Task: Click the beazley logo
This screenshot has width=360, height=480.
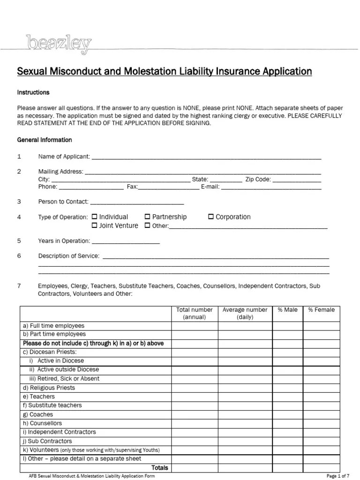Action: (59, 44)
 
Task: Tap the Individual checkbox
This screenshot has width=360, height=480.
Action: (95, 217)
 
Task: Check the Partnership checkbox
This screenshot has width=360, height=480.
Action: (147, 217)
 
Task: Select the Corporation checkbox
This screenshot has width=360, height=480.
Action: (211, 217)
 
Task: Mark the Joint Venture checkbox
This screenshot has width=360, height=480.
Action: (95, 225)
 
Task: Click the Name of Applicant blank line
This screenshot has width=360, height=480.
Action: (206, 157)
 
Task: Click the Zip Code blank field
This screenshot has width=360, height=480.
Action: (297, 180)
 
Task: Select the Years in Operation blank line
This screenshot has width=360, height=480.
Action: (126, 241)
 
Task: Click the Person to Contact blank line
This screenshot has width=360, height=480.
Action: (136, 202)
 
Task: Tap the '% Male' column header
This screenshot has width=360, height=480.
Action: (288, 310)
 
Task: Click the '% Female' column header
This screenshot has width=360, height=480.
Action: (322, 310)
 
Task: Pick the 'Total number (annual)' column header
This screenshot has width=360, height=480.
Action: (194, 314)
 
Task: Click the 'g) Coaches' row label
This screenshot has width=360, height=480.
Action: (38, 414)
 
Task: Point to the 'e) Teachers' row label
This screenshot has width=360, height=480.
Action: (39, 397)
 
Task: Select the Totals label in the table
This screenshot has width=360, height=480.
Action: (159, 467)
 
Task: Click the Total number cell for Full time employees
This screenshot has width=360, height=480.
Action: (194, 326)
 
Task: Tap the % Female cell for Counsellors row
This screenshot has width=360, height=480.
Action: (322, 423)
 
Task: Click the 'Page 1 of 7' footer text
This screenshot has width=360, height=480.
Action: (337, 476)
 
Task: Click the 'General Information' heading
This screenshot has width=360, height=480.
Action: (45, 140)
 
